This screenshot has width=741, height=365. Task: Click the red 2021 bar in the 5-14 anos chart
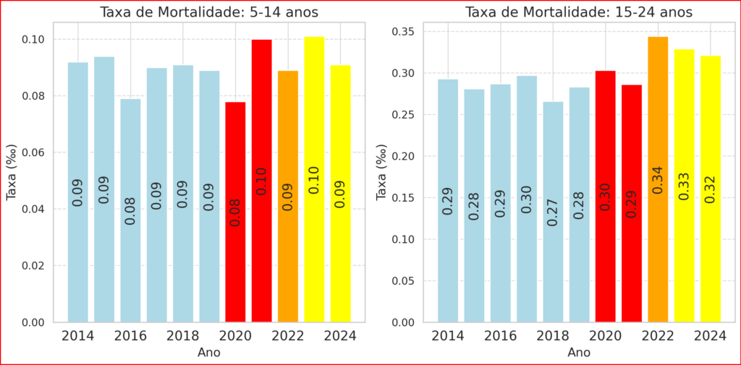262,181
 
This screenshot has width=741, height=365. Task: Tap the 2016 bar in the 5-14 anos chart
130,210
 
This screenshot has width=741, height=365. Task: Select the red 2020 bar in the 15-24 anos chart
606,196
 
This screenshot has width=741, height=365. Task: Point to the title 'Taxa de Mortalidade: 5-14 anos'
209,12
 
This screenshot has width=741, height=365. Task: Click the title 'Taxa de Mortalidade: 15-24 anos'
579,12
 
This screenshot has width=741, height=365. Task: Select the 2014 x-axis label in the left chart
78,336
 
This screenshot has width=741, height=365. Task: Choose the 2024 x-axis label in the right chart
711,336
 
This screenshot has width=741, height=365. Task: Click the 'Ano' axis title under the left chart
209,353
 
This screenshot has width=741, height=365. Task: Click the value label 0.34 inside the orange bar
658,181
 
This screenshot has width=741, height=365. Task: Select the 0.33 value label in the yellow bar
685,186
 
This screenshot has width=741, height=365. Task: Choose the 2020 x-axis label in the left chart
236,336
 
